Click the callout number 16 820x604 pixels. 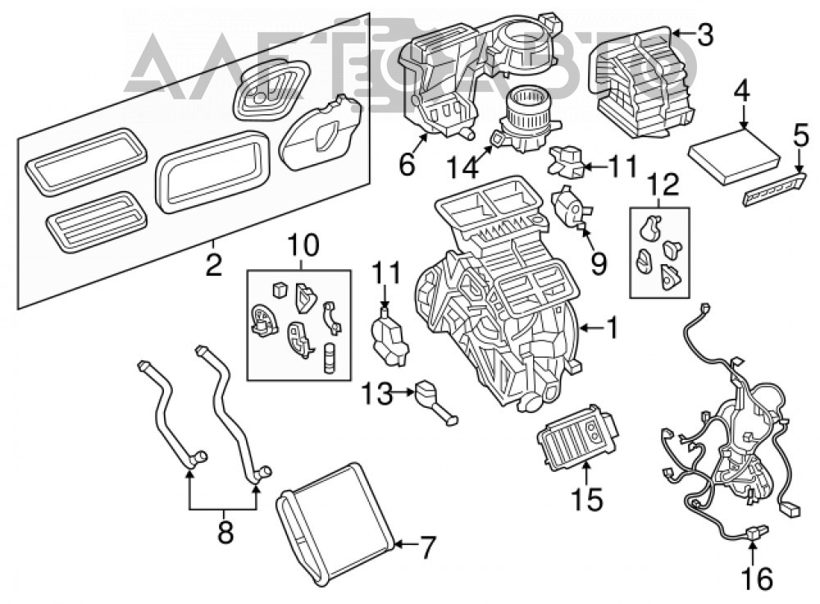click(758, 578)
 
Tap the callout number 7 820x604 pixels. click(427, 548)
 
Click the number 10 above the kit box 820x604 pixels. click(303, 245)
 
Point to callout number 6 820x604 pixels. click(407, 164)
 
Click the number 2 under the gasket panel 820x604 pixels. click(214, 264)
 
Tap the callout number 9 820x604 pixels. click(599, 263)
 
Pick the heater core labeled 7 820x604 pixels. click(335, 523)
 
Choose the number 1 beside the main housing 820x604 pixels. click(612, 328)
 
